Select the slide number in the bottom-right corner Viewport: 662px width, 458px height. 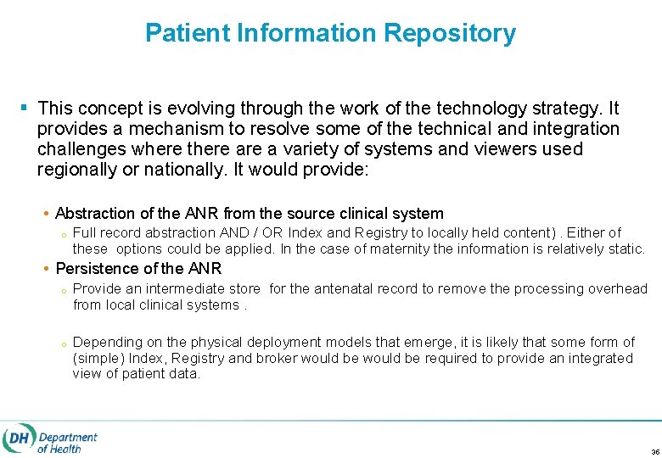pyautogui.click(x=654, y=451)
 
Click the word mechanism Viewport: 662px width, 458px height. pyautogui.click(x=166, y=129)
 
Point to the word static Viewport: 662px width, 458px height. pyautogui.click(x=626, y=249)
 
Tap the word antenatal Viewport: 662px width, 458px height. pyautogui.click(x=345, y=289)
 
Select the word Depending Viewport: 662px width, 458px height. pyautogui.click(x=105, y=343)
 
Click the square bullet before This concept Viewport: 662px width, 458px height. pyautogui.click(x=23, y=109)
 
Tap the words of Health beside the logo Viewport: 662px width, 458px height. pyautogui.click(x=59, y=449)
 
